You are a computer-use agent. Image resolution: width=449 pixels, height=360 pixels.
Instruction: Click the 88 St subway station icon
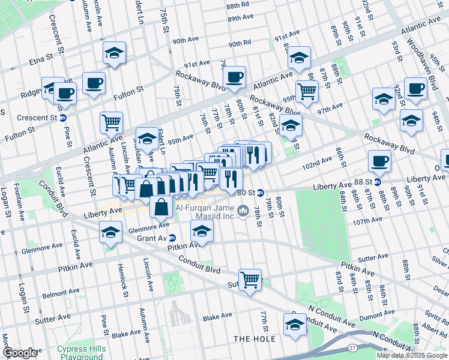(x=378, y=182)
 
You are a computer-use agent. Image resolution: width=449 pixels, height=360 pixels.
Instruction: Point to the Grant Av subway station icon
(x=172, y=237)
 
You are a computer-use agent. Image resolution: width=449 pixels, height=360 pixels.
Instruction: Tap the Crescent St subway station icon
(x=62, y=117)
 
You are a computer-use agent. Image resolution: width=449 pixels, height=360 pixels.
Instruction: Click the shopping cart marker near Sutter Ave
(x=250, y=278)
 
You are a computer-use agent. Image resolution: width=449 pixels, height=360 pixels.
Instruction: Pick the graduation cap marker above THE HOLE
(x=295, y=325)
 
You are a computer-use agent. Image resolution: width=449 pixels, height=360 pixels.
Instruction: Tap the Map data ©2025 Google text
(x=412, y=355)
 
